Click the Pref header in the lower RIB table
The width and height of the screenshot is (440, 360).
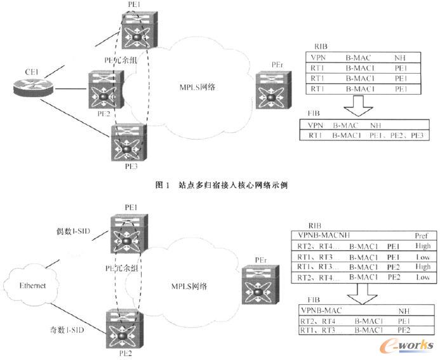coord(421,234)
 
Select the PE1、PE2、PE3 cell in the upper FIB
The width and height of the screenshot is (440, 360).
coord(399,135)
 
